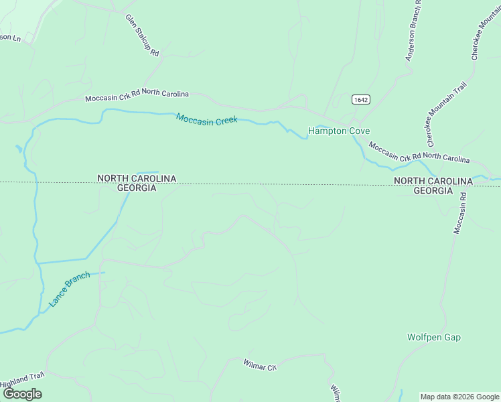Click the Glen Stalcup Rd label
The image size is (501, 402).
[x=142, y=35]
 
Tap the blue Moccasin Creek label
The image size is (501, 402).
[x=207, y=119]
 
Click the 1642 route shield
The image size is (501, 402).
[x=360, y=99]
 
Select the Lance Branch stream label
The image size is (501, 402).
[x=69, y=289]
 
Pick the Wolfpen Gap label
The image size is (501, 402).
[x=434, y=337]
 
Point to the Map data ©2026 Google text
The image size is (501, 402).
[x=459, y=397]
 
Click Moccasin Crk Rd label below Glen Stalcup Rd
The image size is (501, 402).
[x=137, y=96]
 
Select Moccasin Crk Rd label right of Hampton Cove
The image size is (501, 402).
[x=419, y=152]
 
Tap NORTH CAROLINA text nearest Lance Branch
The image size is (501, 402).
[x=137, y=178]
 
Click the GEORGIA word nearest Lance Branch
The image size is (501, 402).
[x=137, y=188]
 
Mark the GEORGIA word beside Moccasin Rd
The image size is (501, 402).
[x=433, y=191]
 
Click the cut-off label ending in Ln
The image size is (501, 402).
[x=10, y=38]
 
